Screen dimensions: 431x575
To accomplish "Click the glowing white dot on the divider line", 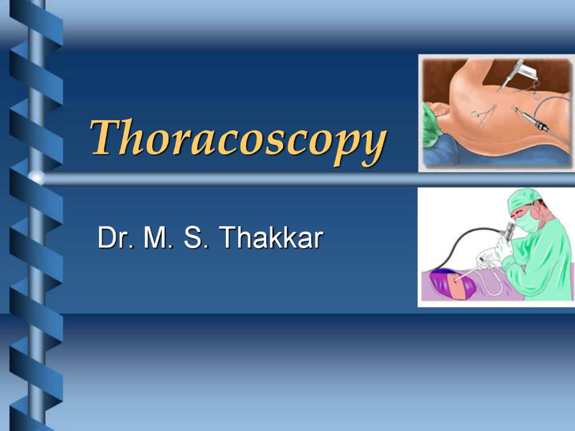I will (x=36, y=178).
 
